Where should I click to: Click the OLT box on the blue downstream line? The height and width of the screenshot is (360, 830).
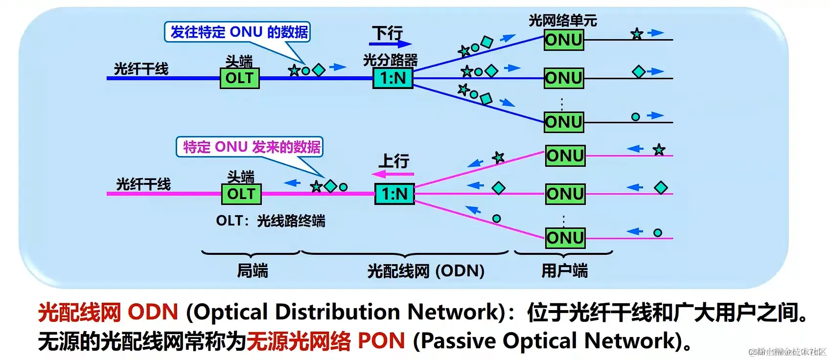(x=239, y=78)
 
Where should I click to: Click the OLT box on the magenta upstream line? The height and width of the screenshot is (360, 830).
(x=241, y=194)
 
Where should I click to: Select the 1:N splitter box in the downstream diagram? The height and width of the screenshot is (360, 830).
(x=393, y=78)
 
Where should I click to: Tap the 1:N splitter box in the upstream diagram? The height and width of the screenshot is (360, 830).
(x=394, y=194)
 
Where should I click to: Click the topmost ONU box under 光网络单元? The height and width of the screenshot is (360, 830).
(x=564, y=40)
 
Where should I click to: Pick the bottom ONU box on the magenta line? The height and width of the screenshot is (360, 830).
(x=565, y=238)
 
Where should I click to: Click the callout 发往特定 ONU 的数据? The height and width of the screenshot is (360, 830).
(x=238, y=32)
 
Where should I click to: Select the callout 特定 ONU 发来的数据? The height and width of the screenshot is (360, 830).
(x=250, y=147)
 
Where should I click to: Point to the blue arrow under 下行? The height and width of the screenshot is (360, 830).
(x=391, y=44)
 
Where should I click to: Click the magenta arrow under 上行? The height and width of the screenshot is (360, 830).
(x=392, y=174)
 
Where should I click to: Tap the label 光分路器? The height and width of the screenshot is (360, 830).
(x=390, y=60)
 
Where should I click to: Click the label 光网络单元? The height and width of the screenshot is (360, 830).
(x=562, y=21)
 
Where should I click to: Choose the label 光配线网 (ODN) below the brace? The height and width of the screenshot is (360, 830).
(x=425, y=271)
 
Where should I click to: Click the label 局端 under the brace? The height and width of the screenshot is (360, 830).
(x=252, y=271)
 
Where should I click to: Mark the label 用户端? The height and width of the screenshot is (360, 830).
(x=564, y=271)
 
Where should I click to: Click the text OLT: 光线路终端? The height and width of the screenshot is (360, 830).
(x=270, y=221)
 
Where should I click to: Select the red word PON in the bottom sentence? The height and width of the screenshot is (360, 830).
(x=381, y=341)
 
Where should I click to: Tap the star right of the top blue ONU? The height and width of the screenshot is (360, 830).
(x=636, y=34)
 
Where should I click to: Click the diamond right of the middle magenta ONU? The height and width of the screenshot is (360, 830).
(x=661, y=188)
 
